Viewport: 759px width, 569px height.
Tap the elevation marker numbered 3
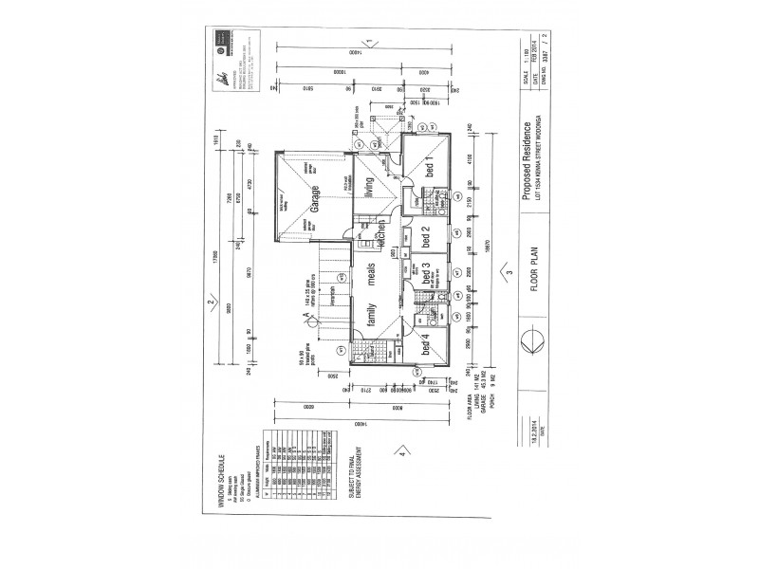[509, 273]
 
